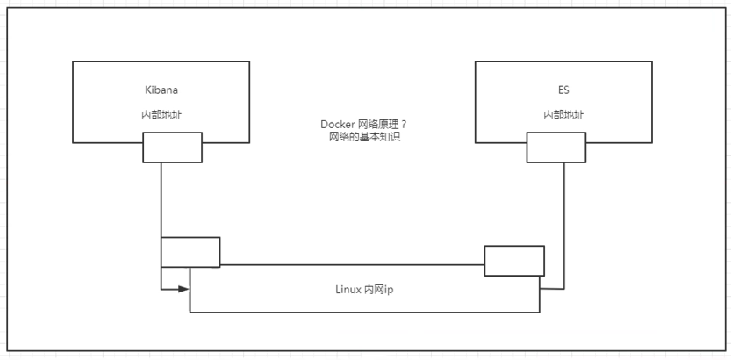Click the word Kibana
click(x=161, y=90)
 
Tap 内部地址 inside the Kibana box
click(x=161, y=115)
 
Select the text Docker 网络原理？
click(x=363, y=126)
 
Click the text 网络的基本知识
click(x=363, y=138)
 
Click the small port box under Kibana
click(x=172, y=148)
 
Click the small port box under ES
click(x=555, y=148)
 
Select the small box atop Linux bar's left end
click(x=190, y=252)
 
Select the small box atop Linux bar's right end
click(x=514, y=261)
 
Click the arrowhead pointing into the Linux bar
click(x=184, y=288)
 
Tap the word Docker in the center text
click(x=337, y=126)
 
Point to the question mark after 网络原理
click(x=404, y=126)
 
